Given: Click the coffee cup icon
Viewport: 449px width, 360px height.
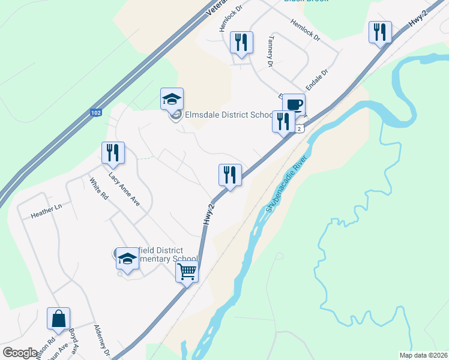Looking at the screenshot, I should pyautogui.click(x=294, y=104).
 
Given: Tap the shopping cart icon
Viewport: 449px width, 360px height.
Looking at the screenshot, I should pyautogui.click(x=187, y=272).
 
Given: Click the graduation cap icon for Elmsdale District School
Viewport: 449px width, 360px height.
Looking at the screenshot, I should pyautogui.click(x=172, y=99).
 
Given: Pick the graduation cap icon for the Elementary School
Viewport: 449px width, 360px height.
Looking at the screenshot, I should pyautogui.click(x=127, y=259).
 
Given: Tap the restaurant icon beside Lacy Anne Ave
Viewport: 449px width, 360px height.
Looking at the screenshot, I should pyautogui.click(x=112, y=153).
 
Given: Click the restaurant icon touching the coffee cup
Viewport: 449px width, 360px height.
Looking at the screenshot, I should pyautogui.click(x=283, y=121).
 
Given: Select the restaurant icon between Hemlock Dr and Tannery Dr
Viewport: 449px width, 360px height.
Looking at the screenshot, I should pyautogui.click(x=241, y=42).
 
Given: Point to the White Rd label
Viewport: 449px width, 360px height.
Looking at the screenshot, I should pyautogui.click(x=98, y=188).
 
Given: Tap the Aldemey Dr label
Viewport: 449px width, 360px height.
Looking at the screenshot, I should pyautogui.click(x=102, y=339).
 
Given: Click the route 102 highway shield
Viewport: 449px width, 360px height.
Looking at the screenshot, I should pyautogui.click(x=96, y=112).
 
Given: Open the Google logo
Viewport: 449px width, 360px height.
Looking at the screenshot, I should pyautogui.click(x=20, y=353).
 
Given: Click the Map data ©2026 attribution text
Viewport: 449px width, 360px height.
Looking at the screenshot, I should pyautogui.click(x=424, y=355).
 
